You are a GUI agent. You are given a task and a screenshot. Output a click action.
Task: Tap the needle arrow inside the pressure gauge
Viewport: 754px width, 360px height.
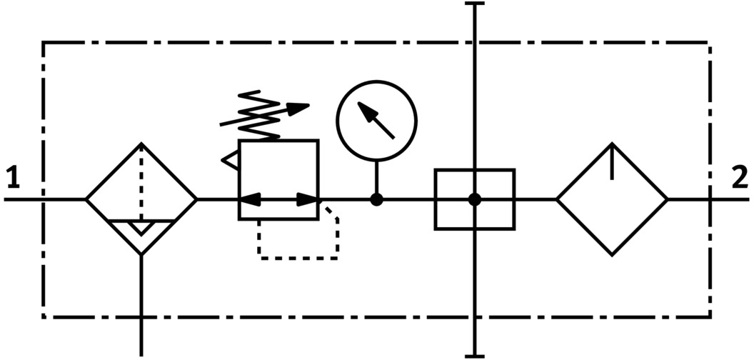376,119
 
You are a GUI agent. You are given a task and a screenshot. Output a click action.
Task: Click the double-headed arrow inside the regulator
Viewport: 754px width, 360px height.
278,199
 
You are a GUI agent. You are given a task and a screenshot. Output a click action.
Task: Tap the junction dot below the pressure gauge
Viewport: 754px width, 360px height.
376,199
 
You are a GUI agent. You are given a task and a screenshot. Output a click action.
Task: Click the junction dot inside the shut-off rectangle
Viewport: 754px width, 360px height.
474,199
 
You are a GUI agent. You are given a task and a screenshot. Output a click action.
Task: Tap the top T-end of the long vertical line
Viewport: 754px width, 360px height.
474,4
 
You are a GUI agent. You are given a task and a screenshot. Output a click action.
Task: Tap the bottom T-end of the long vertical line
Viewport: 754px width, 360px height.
474,355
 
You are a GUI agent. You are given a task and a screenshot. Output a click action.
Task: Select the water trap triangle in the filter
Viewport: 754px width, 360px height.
141,228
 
